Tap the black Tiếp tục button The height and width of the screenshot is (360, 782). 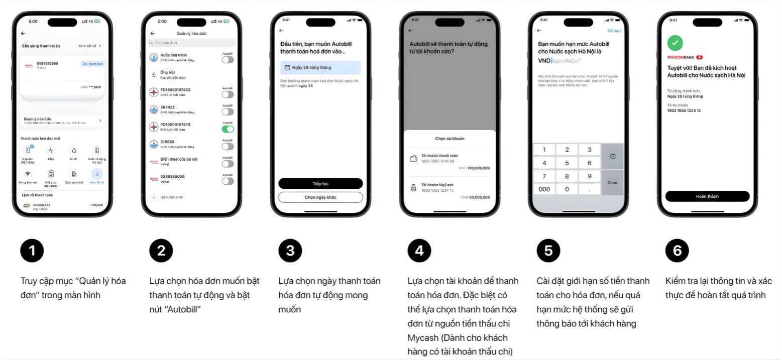(x=320, y=183)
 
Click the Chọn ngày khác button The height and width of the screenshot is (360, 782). (x=320, y=197)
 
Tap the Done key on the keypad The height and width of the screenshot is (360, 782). (x=612, y=182)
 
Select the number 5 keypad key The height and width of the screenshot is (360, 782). (x=567, y=163)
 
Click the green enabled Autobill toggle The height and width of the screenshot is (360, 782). (x=228, y=129)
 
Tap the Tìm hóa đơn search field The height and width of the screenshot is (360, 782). (x=191, y=43)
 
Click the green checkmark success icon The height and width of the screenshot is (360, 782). (x=674, y=43)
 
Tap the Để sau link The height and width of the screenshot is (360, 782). (x=614, y=31)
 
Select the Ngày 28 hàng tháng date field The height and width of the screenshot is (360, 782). (x=320, y=67)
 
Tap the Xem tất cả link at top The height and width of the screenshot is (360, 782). (x=90, y=46)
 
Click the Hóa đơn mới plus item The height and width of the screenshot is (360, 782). (x=170, y=197)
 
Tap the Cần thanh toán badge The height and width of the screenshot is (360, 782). (x=92, y=64)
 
